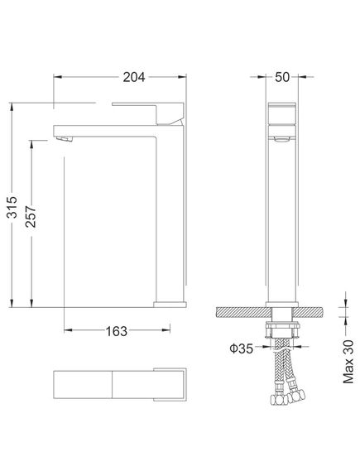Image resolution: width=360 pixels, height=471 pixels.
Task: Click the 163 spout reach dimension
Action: click(117, 331)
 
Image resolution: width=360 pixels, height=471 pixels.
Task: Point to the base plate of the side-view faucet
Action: click(169, 302)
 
